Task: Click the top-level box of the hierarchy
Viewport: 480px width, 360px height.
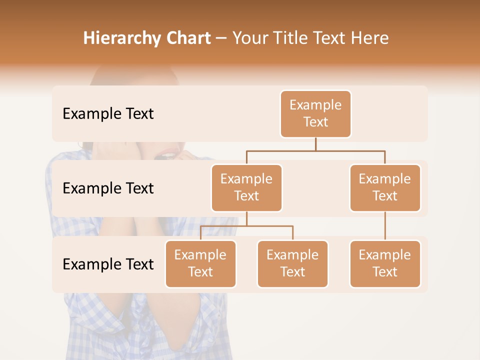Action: (315, 113)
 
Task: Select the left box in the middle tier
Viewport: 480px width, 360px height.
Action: (246, 187)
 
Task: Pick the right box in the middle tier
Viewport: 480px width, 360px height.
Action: (385, 187)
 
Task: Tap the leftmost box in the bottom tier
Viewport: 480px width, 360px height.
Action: (200, 263)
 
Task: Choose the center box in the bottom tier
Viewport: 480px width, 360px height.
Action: (292, 263)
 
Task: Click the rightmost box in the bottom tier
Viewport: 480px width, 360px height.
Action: (385, 263)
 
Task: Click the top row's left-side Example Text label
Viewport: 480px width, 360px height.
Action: (108, 114)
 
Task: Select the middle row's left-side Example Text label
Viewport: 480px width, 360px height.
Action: (108, 188)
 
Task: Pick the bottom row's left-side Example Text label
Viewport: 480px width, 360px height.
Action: (108, 264)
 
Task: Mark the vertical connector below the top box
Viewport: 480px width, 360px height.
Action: (315, 144)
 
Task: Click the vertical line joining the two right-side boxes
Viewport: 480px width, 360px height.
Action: (385, 226)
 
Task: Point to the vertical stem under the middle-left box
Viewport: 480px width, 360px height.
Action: (246, 219)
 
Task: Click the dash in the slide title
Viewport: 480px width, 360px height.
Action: (221, 38)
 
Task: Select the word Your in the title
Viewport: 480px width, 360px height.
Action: (249, 38)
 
